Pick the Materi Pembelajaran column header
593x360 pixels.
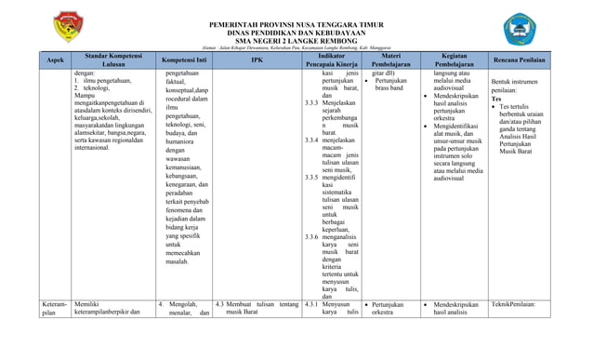click(391, 60)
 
